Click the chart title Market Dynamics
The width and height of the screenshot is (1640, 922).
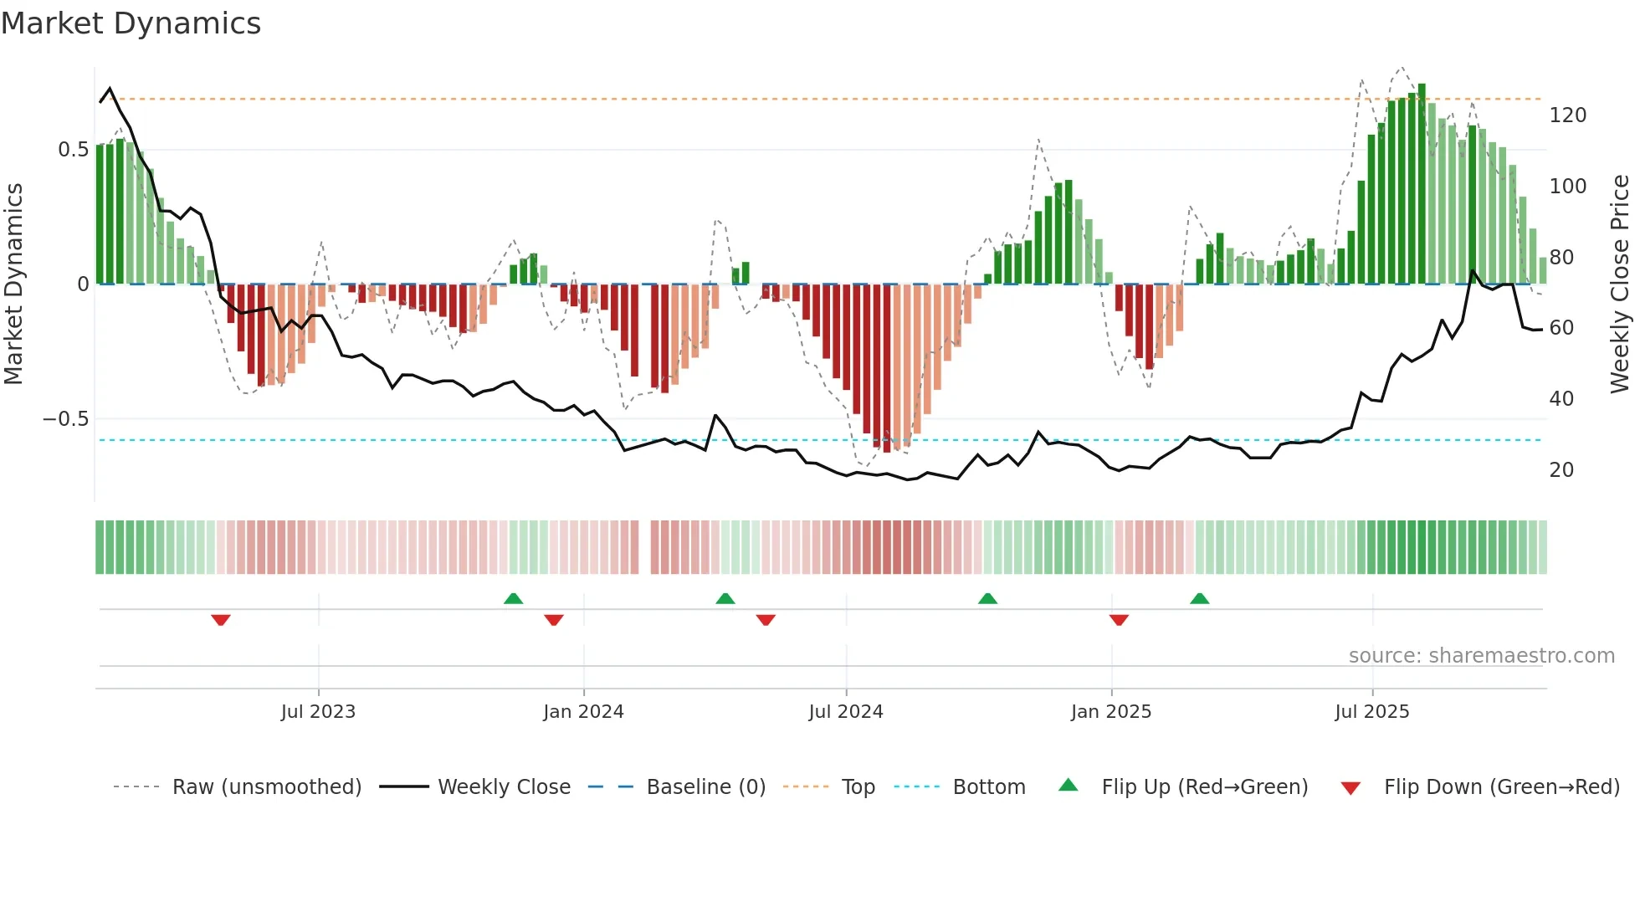click(x=131, y=23)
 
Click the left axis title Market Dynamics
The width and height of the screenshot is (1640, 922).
click(x=13, y=284)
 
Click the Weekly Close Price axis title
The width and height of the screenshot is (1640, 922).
click(x=1620, y=284)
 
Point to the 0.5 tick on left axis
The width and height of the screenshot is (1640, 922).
click(x=73, y=150)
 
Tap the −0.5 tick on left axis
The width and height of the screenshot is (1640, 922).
click(x=66, y=419)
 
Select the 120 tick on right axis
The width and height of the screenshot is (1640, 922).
click(x=1567, y=115)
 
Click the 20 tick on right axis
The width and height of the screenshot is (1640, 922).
click(x=1561, y=470)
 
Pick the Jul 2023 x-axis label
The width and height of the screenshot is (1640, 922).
click(x=318, y=712)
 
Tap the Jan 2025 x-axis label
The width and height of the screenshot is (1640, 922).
click(x=1110, y=712)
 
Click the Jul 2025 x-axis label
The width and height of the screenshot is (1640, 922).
click(x=1371, y=712)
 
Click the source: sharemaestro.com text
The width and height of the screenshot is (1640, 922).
click(x=1481, y=656)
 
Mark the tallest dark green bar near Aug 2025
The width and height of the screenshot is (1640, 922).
click(x=1422, y=184)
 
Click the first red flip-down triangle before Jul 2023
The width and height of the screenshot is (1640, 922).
click(x=221, y=620)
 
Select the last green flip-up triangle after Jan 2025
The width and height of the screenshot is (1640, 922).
click(x=1199, y=598)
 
